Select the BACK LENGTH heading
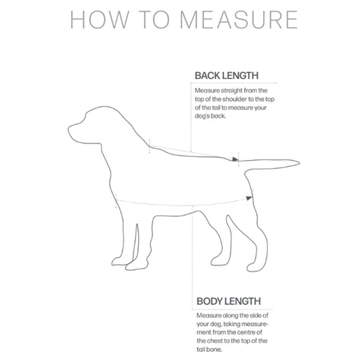pos(227,75)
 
